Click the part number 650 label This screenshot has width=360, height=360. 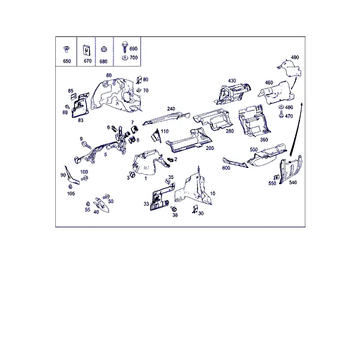coord(67,61)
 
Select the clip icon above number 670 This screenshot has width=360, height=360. coord(86,50)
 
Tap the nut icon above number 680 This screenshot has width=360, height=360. coord(104,49)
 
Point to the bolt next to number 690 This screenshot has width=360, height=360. coord(125,47)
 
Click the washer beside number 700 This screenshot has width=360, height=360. coord(125,58)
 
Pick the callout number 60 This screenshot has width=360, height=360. coord(109,76)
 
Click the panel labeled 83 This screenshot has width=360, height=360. coord(80,105)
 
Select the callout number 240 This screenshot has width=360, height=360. coord(171,109)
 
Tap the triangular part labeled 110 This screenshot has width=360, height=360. coord(155,136)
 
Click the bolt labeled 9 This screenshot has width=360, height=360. coord(86,145)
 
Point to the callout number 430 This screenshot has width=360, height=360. coord(232,81)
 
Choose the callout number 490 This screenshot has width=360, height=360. coord(295,57)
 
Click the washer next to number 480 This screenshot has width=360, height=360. coord(281,107)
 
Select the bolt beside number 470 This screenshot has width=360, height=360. coord(281,115)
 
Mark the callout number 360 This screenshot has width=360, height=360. coord(264,140)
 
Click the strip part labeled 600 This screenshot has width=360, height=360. coord(235,163)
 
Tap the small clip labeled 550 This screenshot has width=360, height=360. coord(277,178)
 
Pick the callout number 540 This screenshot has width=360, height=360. coord(293,182)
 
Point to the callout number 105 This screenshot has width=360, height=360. coord(71,194)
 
